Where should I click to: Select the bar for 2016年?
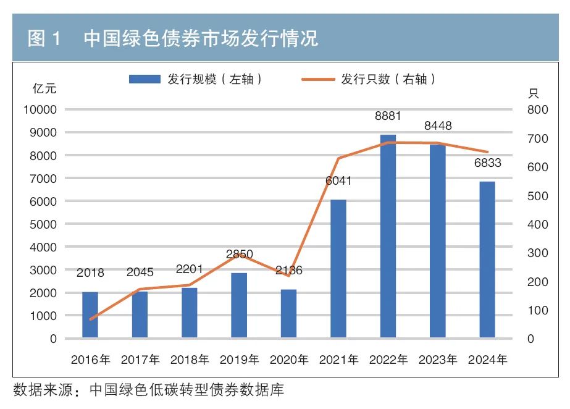click(x=90, y=314)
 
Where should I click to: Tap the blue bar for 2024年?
click(x=487, y=259)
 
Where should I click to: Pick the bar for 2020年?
click(x=288, y=313)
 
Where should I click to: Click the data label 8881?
click(x=388, y=116)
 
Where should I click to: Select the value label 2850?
click(x=239, y=255)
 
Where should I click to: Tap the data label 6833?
click(x=487, y=163)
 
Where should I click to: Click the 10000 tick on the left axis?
click(x=40, y=110)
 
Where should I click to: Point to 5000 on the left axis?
click(x=43, y=224)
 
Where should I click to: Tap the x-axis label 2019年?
click(x=239, y=360)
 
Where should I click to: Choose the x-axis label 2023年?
click(x=438, y=360)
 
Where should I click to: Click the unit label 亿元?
click(x=44, y=88)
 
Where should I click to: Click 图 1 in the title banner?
click(x=44, y=39)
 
